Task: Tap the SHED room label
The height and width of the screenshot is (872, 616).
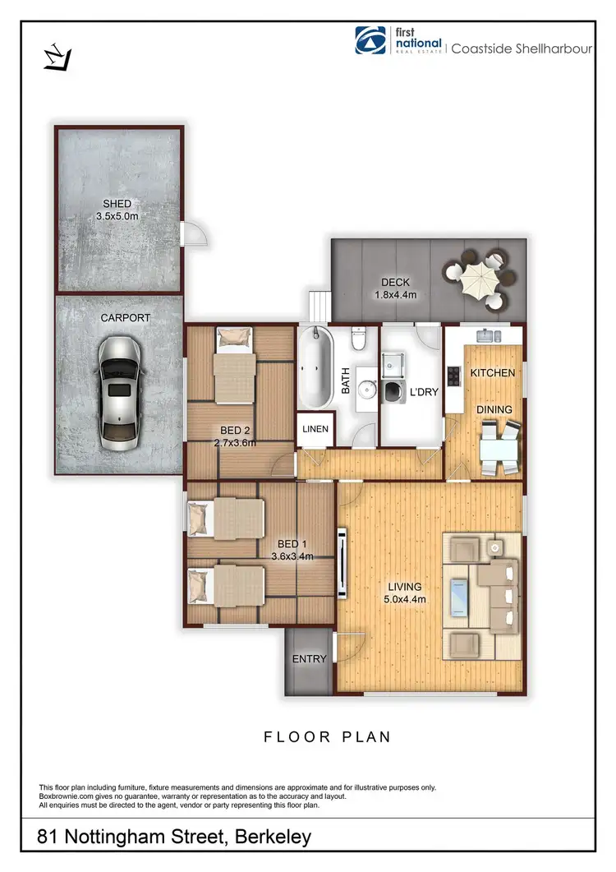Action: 117,210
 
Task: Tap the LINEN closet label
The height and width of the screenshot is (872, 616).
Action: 315,429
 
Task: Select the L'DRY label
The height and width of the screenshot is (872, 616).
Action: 425,392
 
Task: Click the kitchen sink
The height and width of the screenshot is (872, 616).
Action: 490,334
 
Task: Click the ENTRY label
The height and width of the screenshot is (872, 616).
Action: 309,659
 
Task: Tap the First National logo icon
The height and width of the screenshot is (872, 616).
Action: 370,40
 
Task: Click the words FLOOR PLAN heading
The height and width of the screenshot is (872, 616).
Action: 327,737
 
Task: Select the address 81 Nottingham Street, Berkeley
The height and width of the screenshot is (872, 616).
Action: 175,838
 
